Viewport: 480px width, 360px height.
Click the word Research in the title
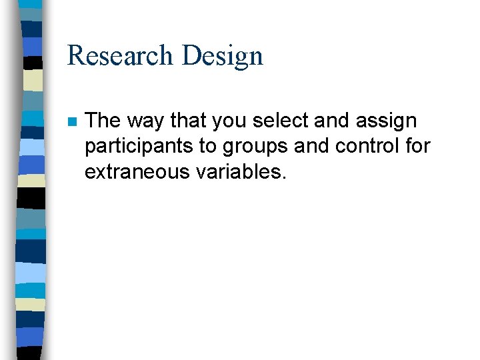(x=120, y=55)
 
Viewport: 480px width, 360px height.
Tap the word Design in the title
(x=222, y=57)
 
